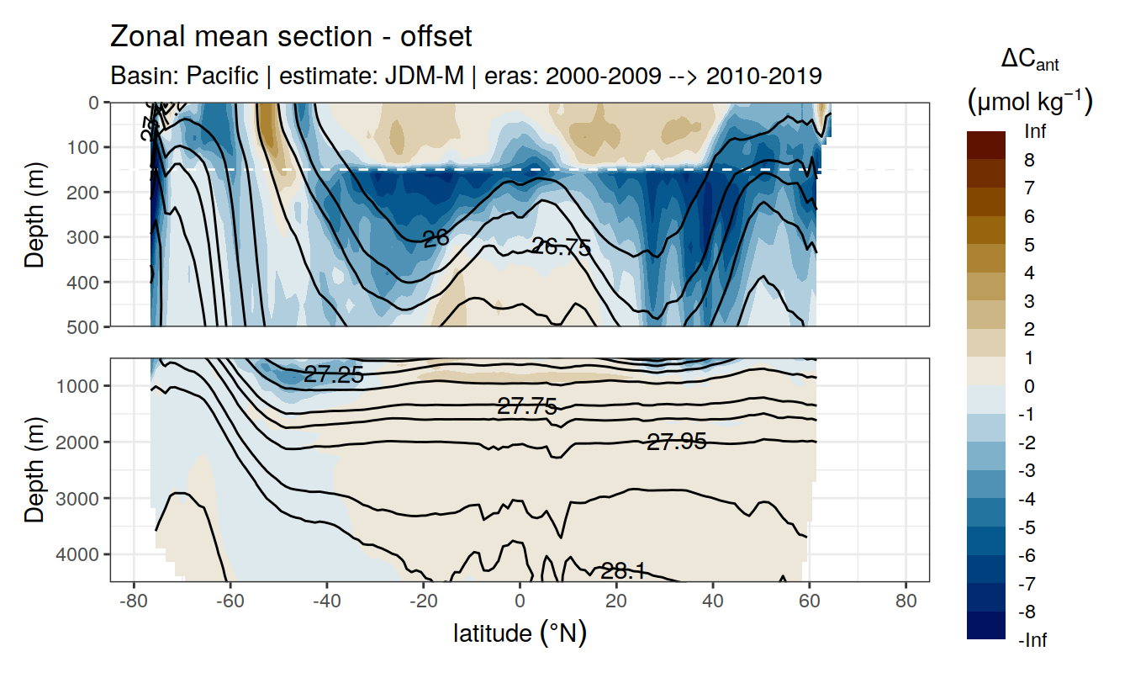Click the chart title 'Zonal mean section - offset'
pos(291,37)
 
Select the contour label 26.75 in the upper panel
pos(561,247)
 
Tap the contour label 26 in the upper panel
pos(436,239)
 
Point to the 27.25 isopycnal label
pos(334,376)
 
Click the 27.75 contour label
pos(527,407)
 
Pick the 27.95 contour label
pos(676,442)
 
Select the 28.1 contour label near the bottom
pos(623,572)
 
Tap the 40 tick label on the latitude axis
pos(713,602)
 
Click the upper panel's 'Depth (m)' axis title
pos(34,215)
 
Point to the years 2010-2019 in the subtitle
pos(763,76)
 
